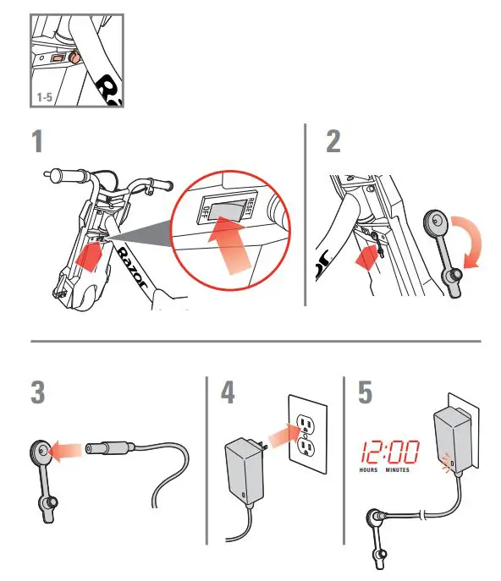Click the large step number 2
[333, 140]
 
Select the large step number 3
[38, 394]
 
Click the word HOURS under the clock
[368, 469]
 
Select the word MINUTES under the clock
[398, 469]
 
